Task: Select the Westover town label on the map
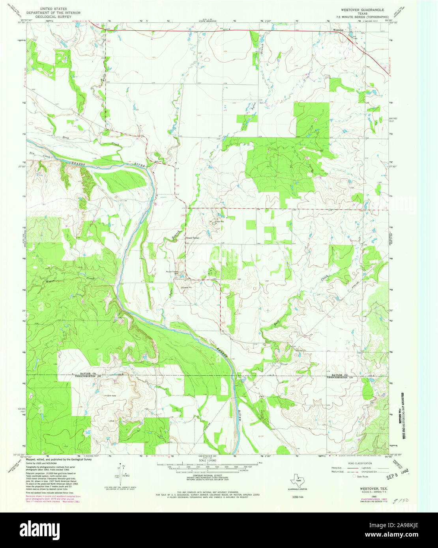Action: (x=338, y=30)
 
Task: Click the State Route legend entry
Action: (x=359, y=477)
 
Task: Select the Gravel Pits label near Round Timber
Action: (x=219, y=222)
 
